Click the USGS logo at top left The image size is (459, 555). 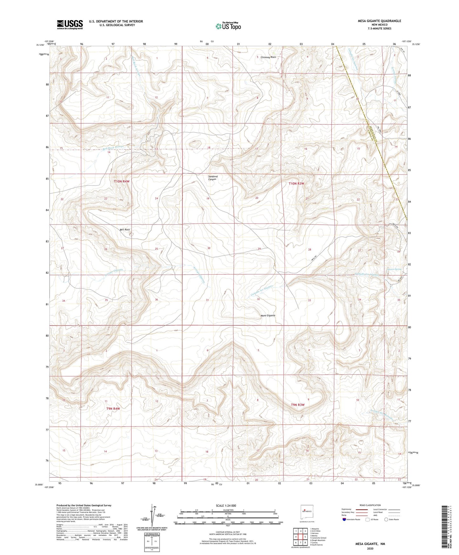coord(70,24)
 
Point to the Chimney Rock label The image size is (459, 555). coord(268,57)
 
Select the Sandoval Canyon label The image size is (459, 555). coord(213,178)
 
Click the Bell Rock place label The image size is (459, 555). coord(125,230)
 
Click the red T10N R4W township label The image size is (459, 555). coord(122,181)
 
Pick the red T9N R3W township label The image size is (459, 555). coord(298,405)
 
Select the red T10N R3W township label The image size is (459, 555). coord(297,183)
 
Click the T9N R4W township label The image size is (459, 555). coord(113,408)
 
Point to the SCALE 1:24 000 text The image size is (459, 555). coord(226,506)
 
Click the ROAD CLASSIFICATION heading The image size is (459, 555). coord(370,505)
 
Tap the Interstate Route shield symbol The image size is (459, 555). coord(344,519)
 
